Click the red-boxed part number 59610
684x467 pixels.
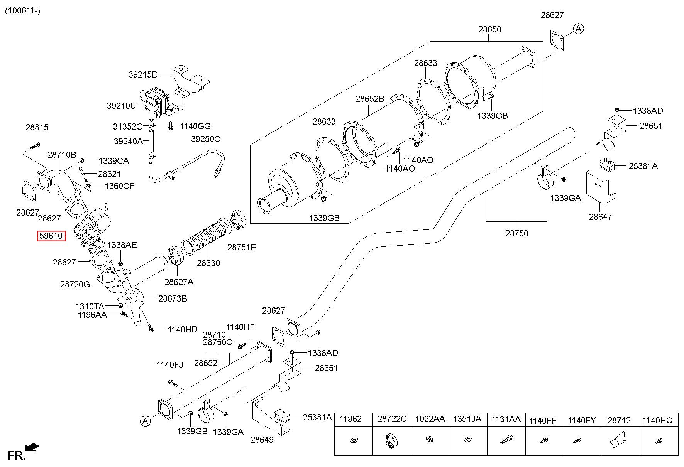coord(51,236)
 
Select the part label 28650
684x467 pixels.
coord(489,29)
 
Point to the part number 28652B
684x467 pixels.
coord(370,99)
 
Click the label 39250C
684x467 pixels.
coord(205,139)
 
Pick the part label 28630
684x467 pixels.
coord(208,263)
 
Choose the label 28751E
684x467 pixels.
coord(241,248)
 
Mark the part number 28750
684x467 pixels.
coord(516,233)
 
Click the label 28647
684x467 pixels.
coord(600,217)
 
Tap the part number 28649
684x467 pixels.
coord(262,440)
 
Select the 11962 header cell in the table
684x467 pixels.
coord(353,420)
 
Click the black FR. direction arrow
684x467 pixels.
coord(31,447)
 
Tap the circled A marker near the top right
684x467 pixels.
coord(578,28)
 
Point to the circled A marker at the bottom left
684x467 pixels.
coord(145,421)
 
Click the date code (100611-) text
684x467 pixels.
coord(22,10)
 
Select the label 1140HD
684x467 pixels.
coord(182,330)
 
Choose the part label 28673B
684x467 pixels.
coord(173,298)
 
